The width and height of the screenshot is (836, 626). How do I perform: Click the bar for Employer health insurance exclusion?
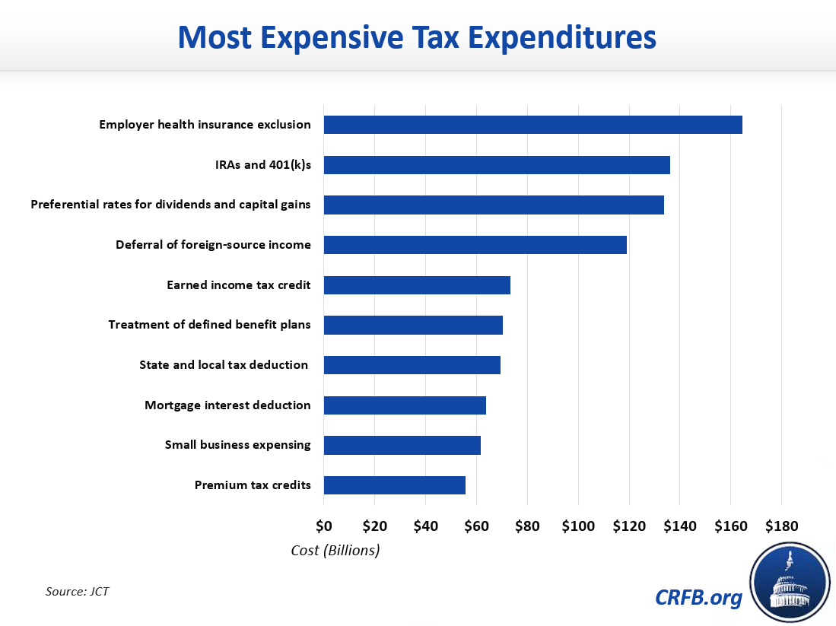[532, 125]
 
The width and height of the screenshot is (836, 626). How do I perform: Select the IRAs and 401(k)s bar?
[497, 165]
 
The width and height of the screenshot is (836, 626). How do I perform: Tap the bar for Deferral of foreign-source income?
[475, 245]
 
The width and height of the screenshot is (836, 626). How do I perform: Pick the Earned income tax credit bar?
[417, 285]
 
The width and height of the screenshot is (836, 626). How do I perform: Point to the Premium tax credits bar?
[394, 485]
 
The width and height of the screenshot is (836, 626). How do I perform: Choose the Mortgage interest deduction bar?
[405, 405]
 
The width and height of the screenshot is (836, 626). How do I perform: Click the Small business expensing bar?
[402, 445]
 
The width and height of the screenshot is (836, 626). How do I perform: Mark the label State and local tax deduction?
[224, 365]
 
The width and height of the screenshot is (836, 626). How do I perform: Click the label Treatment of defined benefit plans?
[209, 325]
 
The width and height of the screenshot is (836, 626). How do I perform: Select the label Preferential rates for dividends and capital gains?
[170, 205]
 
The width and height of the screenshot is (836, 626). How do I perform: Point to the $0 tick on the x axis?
[324, 526]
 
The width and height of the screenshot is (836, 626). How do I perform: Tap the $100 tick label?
[578, 526]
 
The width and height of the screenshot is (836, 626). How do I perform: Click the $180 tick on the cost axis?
[781, 526]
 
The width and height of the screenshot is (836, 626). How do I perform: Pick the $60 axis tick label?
[476, 526]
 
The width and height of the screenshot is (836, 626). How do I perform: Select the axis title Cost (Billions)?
[335, 550]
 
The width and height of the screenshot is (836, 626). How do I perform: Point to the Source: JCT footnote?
[78, 591]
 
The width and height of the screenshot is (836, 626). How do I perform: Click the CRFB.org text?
[698, 598]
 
